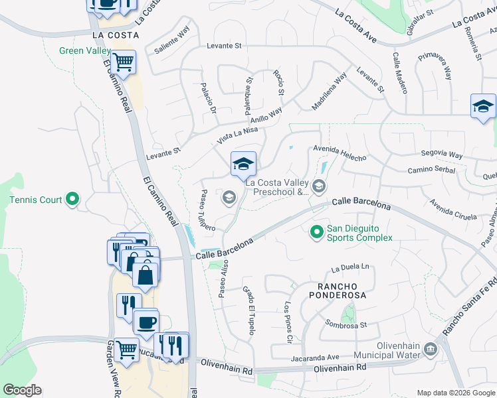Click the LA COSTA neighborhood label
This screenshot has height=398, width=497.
[116, 34]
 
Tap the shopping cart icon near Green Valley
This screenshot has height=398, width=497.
[123, 63]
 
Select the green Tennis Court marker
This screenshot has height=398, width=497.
[73, 199]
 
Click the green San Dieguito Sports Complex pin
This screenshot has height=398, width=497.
[317, 232]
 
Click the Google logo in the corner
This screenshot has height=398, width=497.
[22, 390]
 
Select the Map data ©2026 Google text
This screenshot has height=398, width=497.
[455, 393]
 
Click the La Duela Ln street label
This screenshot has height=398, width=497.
[349, 268]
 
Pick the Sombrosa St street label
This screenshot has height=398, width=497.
[346, 324]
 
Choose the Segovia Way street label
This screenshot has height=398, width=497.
[442, 155]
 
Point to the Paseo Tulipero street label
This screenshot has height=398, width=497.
[205, 210]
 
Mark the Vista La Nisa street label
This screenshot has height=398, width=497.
[237, 135]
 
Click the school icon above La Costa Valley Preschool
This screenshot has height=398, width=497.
[243, 163]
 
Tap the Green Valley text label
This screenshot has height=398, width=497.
[85, 50]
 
